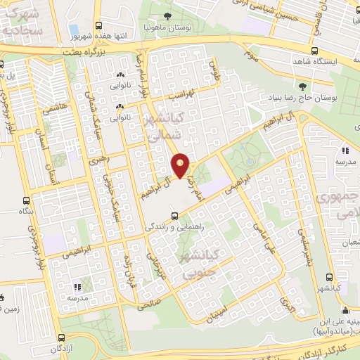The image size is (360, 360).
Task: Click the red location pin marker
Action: tap(181, 165)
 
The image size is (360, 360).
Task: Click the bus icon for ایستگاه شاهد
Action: tap(314, 50)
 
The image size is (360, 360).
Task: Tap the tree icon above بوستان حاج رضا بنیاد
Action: tap(302, 86)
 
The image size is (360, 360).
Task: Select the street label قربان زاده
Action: tap(127, 266)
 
